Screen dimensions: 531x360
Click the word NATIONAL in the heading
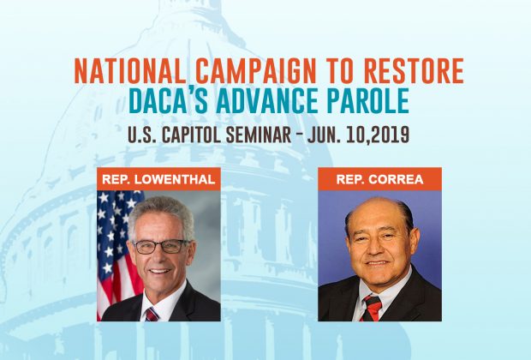pyautogui.click(x=129, y=71)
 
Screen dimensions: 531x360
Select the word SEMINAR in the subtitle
pyautogui.click(x=259, y=135)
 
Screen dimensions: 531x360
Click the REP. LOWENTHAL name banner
pyautogui.click(x=158, y=179)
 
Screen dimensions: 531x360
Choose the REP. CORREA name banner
pyautogui.click(x=379, y=179)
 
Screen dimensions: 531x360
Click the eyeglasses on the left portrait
pyautogui.click(x=162, y=247)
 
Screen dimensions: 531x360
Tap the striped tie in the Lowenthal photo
pyautogui.click(x=152, y=315)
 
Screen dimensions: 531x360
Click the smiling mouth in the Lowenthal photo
pyautogui.click(x=160, y=271)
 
